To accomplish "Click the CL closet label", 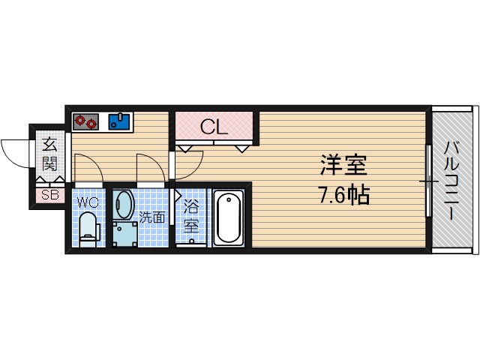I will click(213, 127).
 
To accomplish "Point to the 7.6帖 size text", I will click(341, 197).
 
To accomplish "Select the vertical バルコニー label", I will click(451, 180).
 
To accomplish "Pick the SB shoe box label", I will click(49, 195).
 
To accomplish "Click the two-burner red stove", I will click(87, 121).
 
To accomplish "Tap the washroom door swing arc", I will click(148, 166).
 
